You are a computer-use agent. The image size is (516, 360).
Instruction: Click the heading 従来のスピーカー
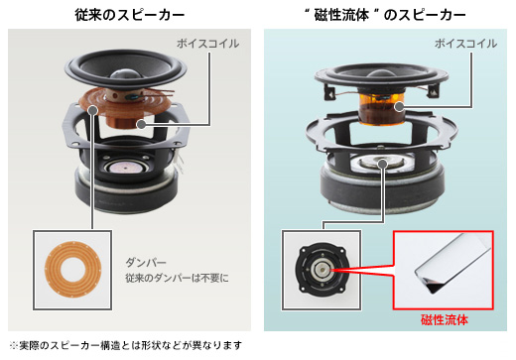[129, 15]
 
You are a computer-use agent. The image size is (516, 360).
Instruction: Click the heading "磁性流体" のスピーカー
[385, 15]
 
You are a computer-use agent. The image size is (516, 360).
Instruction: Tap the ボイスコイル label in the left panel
[207, 44]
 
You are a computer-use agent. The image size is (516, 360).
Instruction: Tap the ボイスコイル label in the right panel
[465, 44]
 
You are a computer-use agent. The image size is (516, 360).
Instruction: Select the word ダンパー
[146, 263]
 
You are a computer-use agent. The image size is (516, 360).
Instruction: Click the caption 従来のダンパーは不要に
[177, 278]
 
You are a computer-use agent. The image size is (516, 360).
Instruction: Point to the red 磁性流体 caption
[445, 320]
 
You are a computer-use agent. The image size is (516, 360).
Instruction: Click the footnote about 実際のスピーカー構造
[126, 345]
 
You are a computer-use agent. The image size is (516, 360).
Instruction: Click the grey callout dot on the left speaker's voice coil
[141, 125]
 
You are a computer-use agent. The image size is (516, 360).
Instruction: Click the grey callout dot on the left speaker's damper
[93, 110]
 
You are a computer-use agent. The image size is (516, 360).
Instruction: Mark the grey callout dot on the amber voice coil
[399, 106]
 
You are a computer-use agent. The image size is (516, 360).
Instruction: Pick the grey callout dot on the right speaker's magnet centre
[383, 164]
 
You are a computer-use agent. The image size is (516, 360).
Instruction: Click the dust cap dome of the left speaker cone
[125, 74]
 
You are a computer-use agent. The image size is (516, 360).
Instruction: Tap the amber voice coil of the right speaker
[381, 109]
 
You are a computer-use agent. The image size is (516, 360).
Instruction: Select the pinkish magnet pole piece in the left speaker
[125, 169]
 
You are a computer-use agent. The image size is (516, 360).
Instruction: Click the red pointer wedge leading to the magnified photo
[362, 271]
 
